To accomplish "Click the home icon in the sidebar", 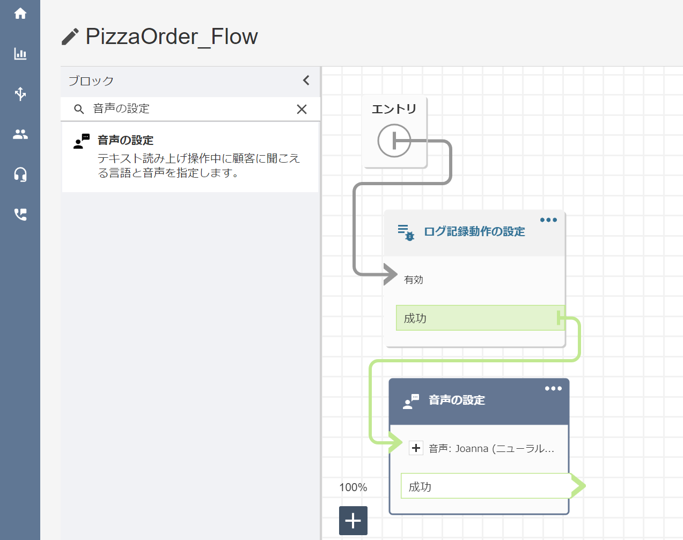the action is (x=20, y=13).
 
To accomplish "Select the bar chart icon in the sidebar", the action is (x=20, y=54).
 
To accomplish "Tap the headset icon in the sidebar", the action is (x=20, y=174).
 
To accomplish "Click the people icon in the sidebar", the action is (x=20, y=134).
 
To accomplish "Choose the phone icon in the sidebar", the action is (x=20, y=215).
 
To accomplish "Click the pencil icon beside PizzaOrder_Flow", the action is (x=70, y=37).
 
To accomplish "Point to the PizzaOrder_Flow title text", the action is (x=172, y=37).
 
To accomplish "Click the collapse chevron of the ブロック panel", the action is (x=306, y=81).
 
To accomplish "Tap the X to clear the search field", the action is (x=302, y=110).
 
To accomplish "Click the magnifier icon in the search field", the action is (x=79, y=110).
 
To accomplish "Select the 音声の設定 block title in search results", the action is (x=126, y=140).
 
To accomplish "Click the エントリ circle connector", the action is (x=394, y=141).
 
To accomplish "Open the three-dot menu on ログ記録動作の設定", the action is (x=548, y=220).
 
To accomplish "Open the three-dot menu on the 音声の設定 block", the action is (x=553, y=389).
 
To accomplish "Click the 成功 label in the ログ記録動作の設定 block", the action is (x=415, y=318).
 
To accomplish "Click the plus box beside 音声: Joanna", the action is (x=416, y=448).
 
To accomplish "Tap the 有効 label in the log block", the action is (x=413, y=280).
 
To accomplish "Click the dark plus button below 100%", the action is (x=353, y=521).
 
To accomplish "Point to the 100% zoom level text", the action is (x=353, y=487).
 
